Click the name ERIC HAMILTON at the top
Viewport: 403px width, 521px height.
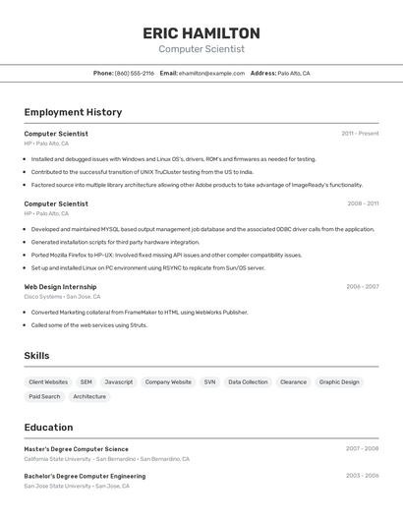coord(201,32)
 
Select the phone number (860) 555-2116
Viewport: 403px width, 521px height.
coord(135,73)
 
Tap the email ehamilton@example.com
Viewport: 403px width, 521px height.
coord(211,73)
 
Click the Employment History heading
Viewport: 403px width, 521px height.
coord(73,112)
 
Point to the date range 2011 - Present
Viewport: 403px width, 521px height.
coord(360,133)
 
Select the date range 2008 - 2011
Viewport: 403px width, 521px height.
coord(363,203)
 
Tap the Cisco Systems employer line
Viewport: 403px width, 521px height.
coord(62,296)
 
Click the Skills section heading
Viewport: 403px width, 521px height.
coord(36,356)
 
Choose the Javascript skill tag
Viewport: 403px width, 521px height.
coord(119,381)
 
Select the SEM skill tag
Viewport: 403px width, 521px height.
coord(86,381)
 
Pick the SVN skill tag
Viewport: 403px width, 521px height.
coord(209,381)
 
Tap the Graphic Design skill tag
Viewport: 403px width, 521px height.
coord(339,381)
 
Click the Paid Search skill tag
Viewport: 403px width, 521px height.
coord(44,396)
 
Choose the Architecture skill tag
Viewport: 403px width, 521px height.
coord(89,396)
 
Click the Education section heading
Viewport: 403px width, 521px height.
coord(48,428)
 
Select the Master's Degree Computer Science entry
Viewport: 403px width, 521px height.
coord(76,448)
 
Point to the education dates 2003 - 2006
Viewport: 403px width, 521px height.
coord(362,476)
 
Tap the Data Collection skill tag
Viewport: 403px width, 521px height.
coord(248,381)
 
